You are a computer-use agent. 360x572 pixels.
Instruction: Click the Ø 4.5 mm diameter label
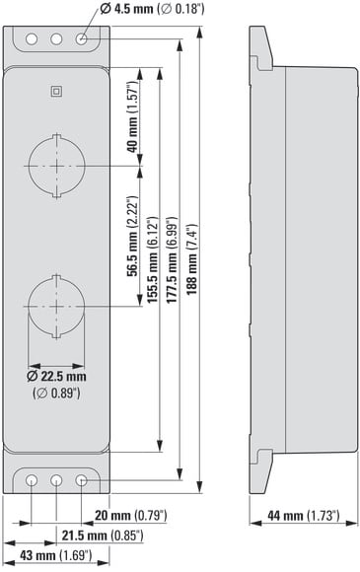click(x=152, y=9)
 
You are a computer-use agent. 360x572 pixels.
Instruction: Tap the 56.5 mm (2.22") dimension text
click(x=133, y=237)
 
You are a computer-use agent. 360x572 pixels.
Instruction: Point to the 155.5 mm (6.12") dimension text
click(x=153, y=259)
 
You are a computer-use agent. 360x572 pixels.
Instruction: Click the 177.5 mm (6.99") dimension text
click(x=173, y=259)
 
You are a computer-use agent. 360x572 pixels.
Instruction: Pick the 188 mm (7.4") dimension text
click(x=192, y=258)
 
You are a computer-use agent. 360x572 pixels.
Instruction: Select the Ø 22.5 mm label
click(x=56, y=376)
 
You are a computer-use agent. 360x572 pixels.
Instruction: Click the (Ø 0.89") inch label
click(x=56, y=393)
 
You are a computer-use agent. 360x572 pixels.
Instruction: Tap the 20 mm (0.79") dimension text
click(x=131, y=516)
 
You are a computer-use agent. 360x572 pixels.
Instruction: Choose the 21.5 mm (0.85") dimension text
click(x=103, y=536)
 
